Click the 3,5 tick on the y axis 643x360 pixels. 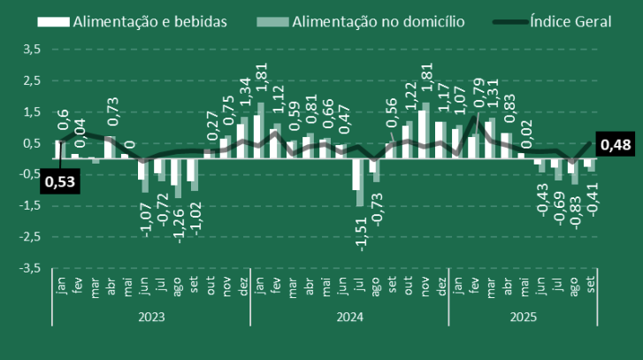(31, 50)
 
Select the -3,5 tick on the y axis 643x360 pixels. (28, 268)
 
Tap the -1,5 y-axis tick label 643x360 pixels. (28, 206)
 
